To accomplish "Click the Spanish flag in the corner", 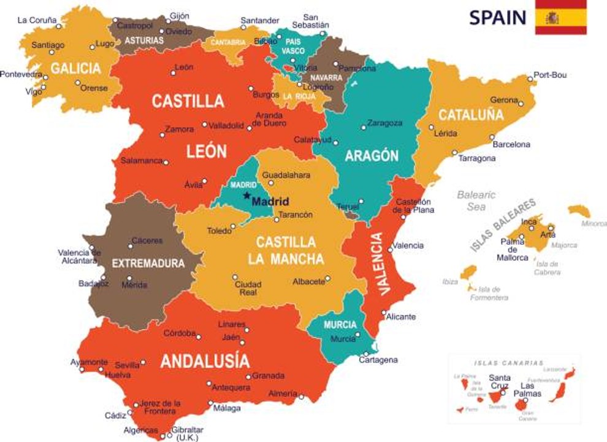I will pos(560,17).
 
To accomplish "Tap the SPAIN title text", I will pos(497,18).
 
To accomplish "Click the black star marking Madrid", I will pos(246,196).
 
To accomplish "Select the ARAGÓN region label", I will pos(372,156).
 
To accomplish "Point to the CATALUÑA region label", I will pos(471,115).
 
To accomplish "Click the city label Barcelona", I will pos(511,145).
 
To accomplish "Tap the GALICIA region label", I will pos(75,68).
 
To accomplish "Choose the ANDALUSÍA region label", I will pos(205,361).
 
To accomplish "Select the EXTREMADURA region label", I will pos(148,263).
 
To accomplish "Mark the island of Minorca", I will pos(578,211).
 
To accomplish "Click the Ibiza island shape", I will pos(468,272).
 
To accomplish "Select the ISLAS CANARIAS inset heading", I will pos(508,362).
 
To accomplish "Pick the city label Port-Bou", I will pos(550,76).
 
